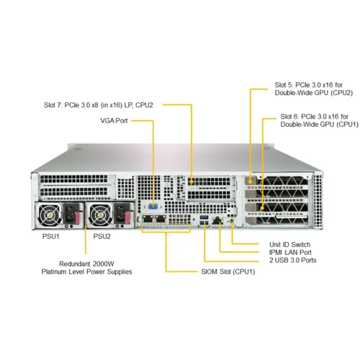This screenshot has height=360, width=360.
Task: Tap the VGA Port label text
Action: tap(113, 121)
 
